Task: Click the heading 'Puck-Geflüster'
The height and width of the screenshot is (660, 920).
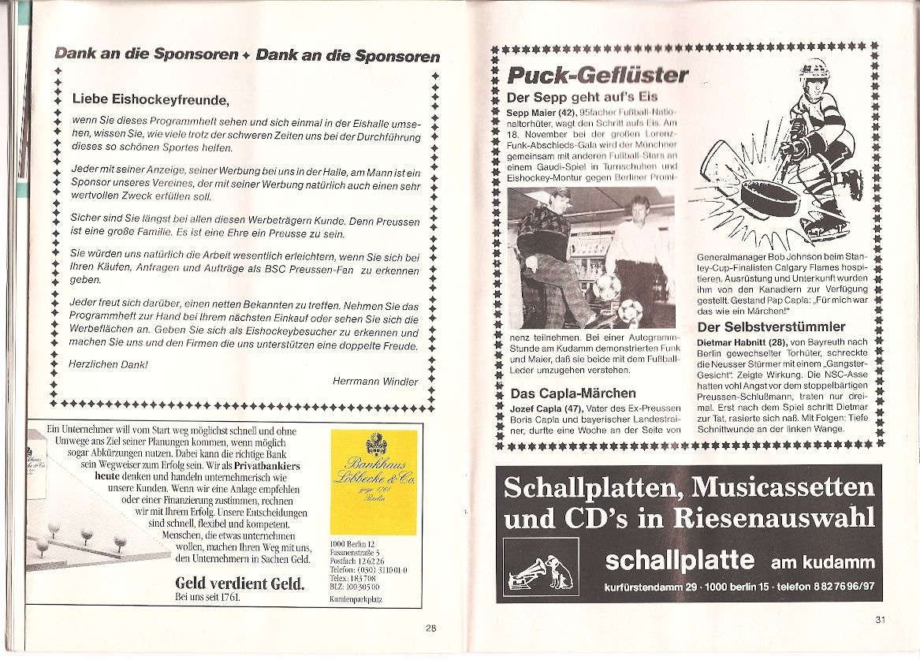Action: pos(597,76)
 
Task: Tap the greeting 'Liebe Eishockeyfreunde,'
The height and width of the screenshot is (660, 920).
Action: pos(150,99)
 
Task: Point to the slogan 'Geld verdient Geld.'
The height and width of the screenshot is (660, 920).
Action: pos(240,584)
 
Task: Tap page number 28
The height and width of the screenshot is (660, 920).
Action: pos(430,628)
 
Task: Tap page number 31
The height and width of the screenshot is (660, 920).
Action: pos(880,619)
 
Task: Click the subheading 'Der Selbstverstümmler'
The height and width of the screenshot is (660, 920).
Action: pos(771,326)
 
